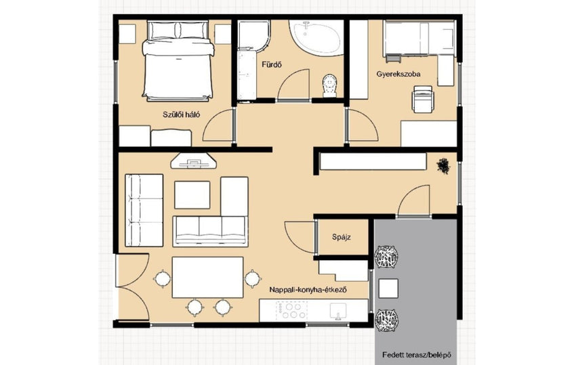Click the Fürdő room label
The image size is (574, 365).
272,65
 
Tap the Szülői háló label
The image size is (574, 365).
182,114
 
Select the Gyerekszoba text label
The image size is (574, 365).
398,74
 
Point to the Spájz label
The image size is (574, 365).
342,237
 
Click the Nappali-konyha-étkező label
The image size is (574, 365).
308,290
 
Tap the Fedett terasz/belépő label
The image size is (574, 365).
417,355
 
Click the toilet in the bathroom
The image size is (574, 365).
329,86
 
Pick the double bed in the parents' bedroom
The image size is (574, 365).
178,61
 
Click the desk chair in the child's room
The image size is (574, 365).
422,99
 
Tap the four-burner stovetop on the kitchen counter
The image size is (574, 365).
292,310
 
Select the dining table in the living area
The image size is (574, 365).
207,277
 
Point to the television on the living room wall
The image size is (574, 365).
194,161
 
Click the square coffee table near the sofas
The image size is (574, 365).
192,194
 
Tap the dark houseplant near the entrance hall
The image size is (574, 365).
443,166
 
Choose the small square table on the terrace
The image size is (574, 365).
388,288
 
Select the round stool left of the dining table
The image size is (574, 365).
162,279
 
